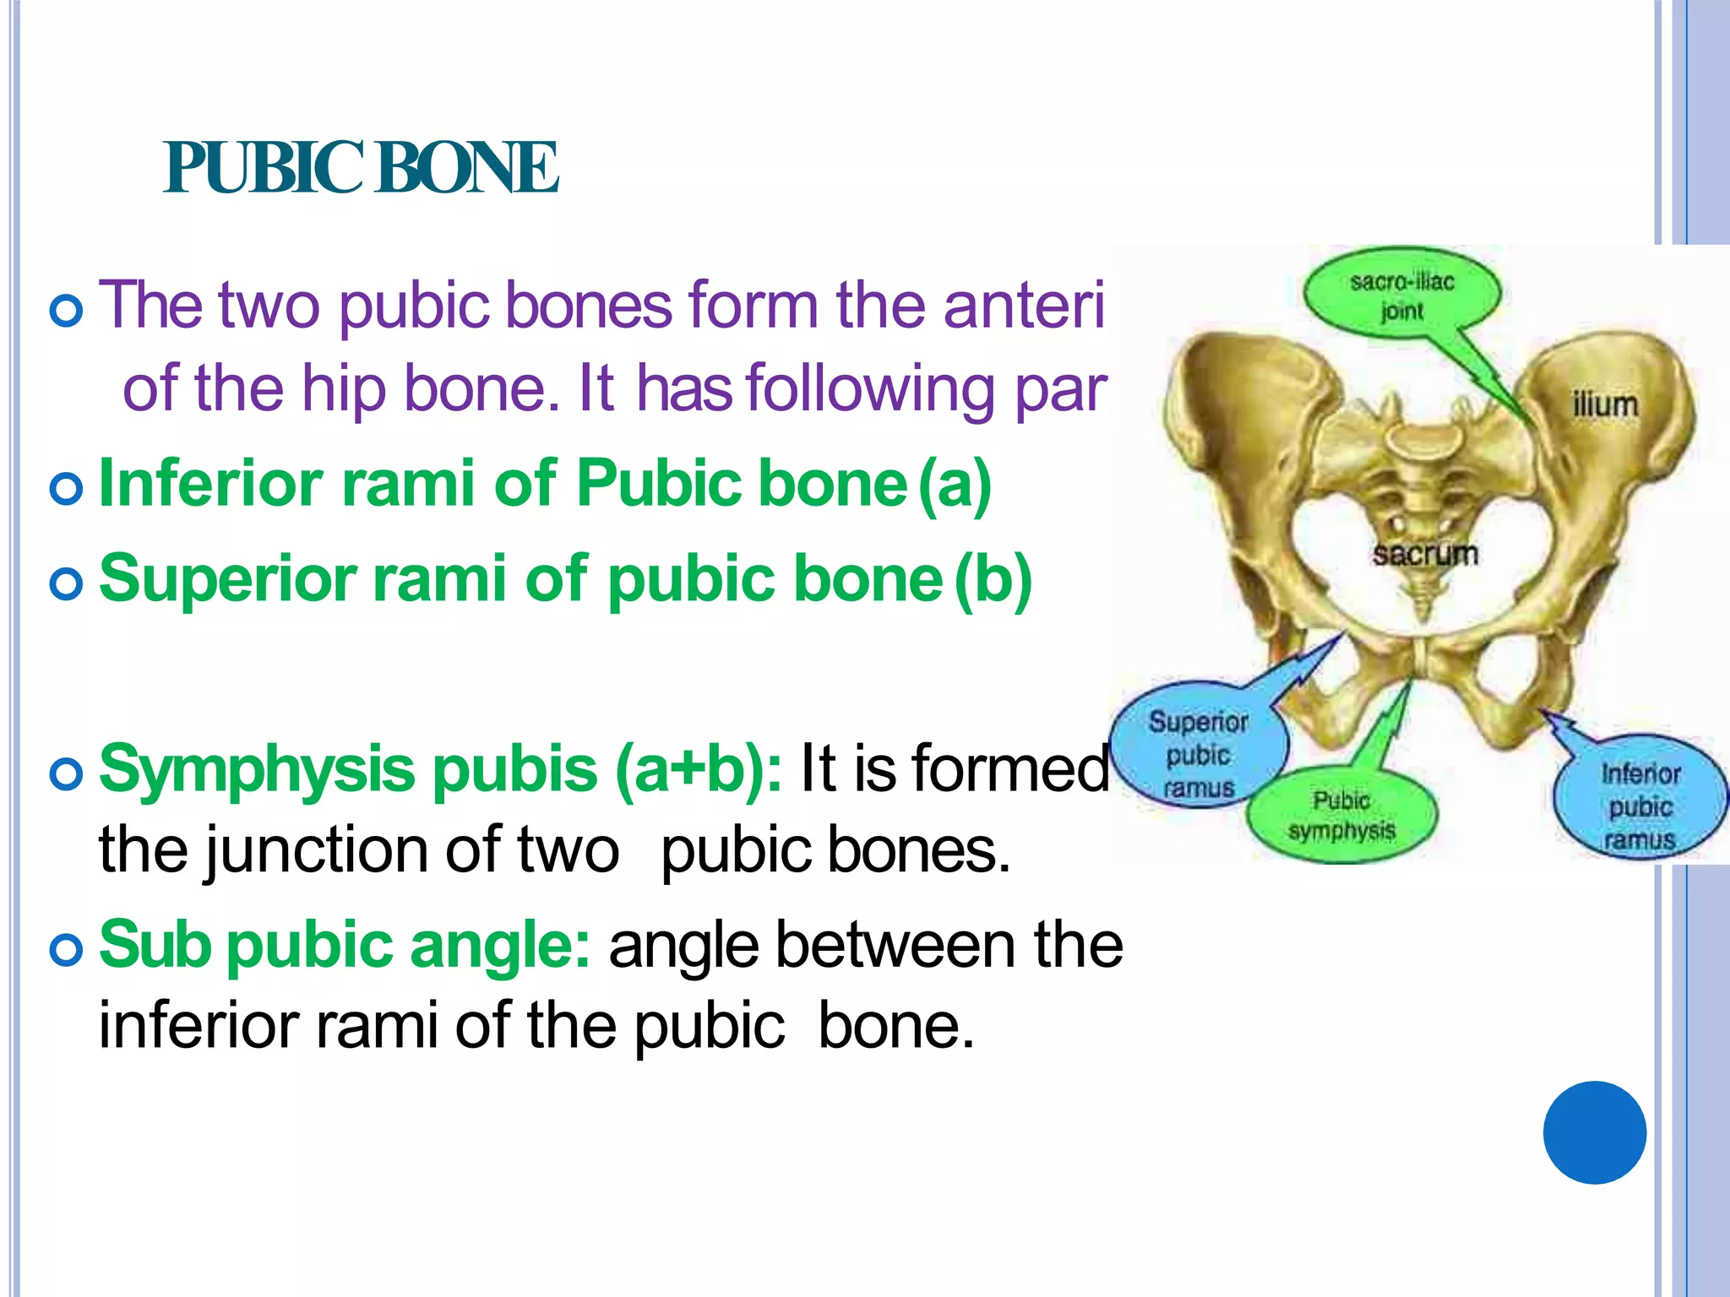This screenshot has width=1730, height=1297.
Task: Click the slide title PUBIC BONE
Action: tap(361, 168)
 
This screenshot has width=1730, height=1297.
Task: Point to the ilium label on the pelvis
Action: tap(1604, 405)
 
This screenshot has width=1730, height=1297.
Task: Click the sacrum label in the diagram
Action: tap(1425, 554)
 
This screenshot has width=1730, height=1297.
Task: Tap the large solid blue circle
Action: tap(1594, 1132)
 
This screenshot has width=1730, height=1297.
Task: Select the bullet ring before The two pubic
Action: tap(66, 311)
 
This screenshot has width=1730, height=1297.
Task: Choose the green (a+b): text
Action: tap(699, 770)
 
